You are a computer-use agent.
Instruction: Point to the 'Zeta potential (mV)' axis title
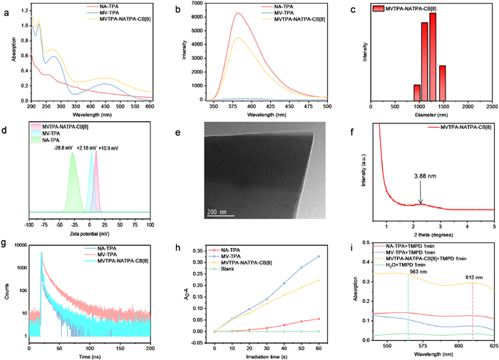pyautogui.click(x=90, y=234)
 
